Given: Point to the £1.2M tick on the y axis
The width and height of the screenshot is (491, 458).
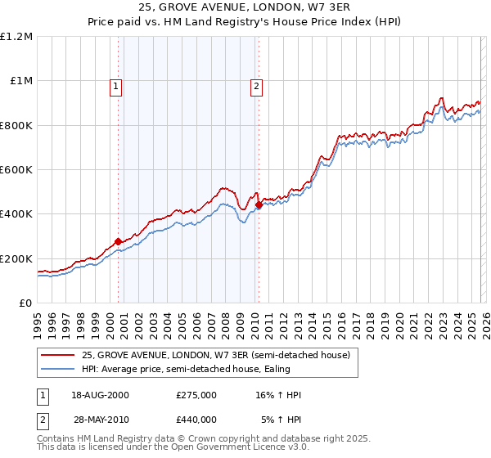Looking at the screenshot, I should [16, 37].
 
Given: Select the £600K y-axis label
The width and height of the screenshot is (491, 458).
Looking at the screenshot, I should [16, 170].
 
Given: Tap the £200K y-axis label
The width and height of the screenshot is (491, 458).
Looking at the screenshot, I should [16, 258].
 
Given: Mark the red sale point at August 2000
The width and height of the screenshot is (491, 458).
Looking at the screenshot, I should [118, 241].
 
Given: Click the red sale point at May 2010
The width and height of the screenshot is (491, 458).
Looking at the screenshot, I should [259, 204].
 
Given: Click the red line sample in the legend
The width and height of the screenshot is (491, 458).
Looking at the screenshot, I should [59, 355].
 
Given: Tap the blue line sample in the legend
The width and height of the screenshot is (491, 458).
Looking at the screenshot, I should [59, 370].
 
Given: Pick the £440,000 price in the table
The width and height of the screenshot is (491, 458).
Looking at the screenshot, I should [196, 419].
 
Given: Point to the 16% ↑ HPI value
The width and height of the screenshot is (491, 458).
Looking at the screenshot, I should [278, 395].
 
